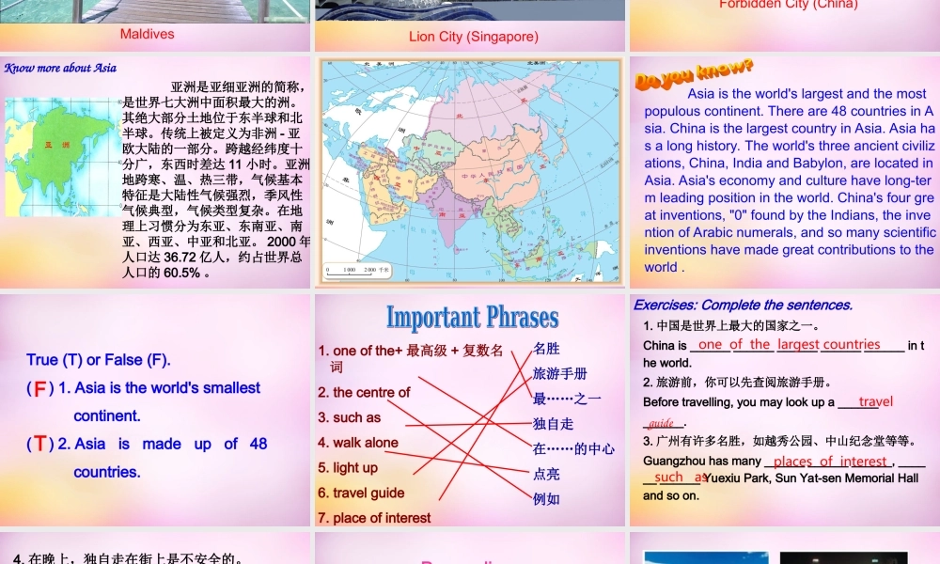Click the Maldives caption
tap(148, 34)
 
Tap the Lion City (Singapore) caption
tap(474, 37)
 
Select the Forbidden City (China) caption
tap(788, 5)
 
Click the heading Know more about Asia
tap(60, 68)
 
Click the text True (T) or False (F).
tap(99, 359)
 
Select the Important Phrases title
tap(472, 318)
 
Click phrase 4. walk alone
tap(358, 443)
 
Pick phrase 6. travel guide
tap(361, 493)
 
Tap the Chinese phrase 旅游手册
tap(559, 373)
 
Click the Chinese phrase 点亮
tap(546, 474)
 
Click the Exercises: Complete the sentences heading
tap(743, 305)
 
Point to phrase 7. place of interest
tap(374, 518)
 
